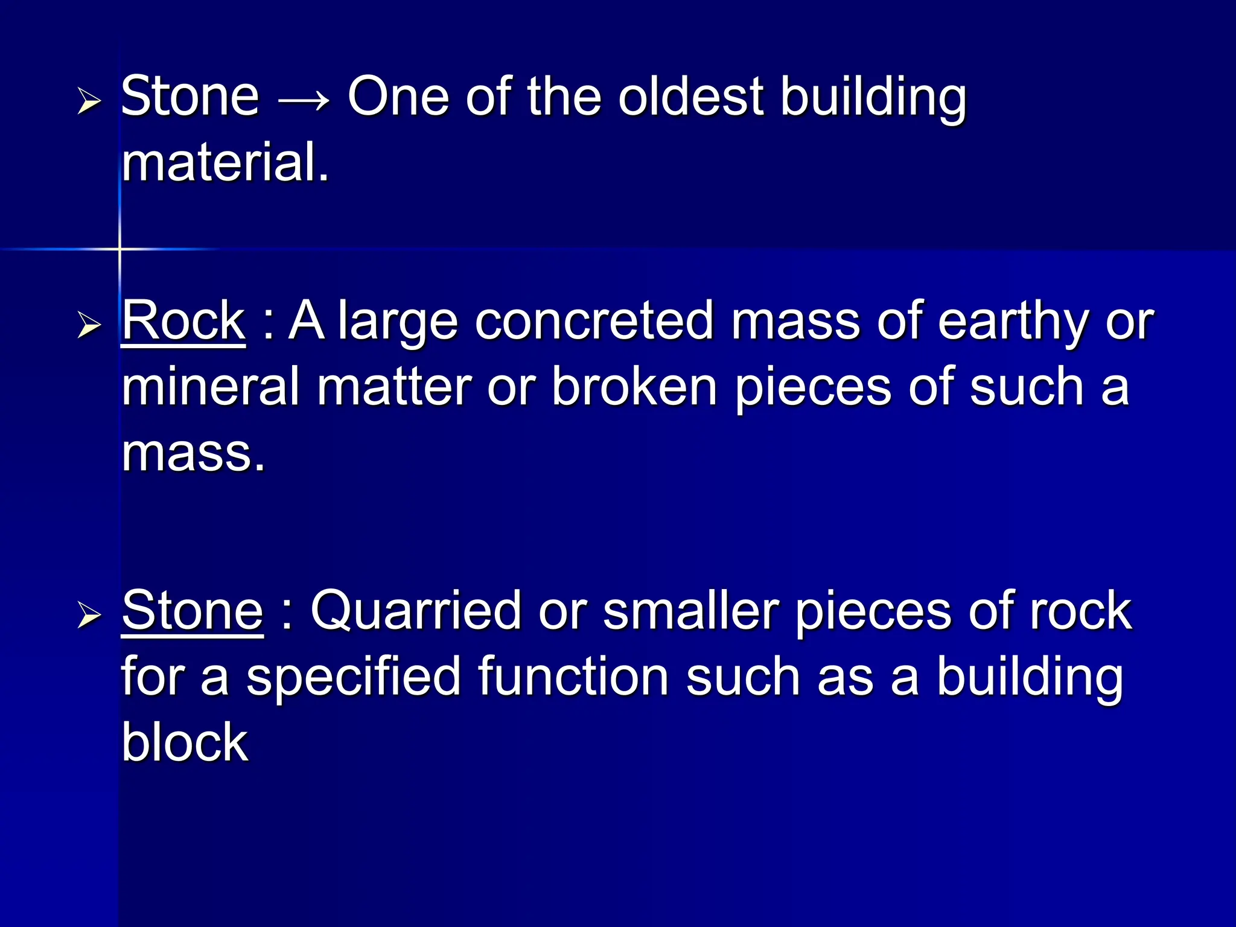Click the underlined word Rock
pos(183,321)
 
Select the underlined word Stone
pos(193,611)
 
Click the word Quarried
pos(415,612)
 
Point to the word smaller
pos(690,611)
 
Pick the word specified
pos(354,678)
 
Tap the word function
pos(573,677)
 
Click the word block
pos(185,742)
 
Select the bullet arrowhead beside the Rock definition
pos(89,326)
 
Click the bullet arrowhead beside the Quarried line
pos(89,616)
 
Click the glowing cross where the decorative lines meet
pos(119,249)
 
